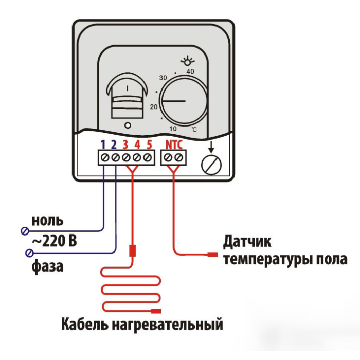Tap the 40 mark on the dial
[190, 71]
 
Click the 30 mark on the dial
[164, 78]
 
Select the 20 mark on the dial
[154, 107]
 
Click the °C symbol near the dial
[193, 129]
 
